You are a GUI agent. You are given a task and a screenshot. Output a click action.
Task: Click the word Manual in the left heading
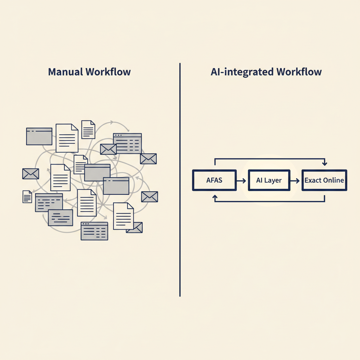coord(65,72)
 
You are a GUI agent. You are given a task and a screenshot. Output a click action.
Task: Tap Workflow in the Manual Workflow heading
coord(108,72)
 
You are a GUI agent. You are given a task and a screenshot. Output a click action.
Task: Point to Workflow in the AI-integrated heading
coord(299,72)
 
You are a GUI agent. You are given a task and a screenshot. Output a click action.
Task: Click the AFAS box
coord(214,180)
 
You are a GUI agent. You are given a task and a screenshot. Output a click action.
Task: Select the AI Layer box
coord(269,180)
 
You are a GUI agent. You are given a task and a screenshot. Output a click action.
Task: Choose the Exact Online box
coord(324,180)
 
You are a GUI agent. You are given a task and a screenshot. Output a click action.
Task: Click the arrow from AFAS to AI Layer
coord(241,181)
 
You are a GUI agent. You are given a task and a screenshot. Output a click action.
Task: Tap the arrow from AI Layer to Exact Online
coord(295,181)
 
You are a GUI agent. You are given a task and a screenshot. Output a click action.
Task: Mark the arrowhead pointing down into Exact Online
coord(324,163)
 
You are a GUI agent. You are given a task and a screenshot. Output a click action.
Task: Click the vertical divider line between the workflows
coord(180,180)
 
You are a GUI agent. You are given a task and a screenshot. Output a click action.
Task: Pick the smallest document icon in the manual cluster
coord(27,197)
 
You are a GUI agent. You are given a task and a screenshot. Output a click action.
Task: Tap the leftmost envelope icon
coord(31,174)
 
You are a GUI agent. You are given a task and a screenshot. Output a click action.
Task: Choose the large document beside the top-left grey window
coord(67,138)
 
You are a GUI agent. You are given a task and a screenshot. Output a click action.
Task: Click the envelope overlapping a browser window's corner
coord(108,149)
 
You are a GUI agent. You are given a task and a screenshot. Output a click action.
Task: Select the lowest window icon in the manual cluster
coord(94,231)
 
